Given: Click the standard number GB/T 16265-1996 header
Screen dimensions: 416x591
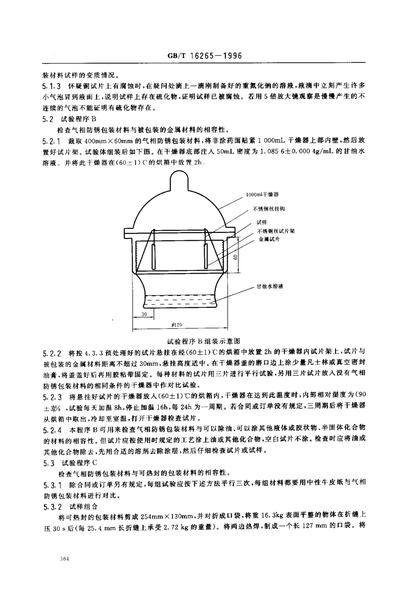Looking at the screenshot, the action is [208, 56].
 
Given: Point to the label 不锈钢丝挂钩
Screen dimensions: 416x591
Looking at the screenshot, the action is [268, 209].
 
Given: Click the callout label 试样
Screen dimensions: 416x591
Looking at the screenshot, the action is [261, 222].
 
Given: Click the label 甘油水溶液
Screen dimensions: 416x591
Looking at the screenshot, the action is [270, 286].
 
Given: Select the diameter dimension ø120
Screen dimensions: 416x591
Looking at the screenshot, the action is [177, 325].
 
